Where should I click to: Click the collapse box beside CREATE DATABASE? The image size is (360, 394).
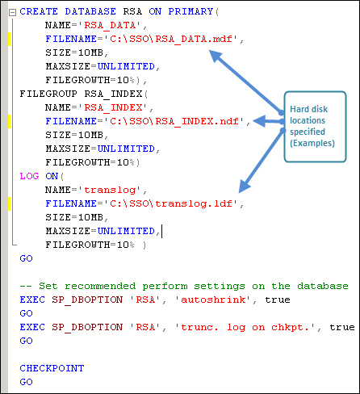(x=12, y=12)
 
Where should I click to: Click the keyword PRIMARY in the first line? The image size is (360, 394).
(x=190, y=11)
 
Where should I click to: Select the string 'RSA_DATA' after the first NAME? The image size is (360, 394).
(x=110, y=25)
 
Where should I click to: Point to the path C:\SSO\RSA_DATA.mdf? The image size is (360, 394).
(x=171, y=39)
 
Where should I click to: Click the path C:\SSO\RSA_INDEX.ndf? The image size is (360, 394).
(x=174, y=121)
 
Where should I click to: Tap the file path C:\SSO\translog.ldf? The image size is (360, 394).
(x=171, y=203)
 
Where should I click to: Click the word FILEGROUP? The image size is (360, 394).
(x=48, y=94)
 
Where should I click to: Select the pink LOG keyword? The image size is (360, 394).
(x=29, y=176)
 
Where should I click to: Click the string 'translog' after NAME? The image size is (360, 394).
(x=110, y=190)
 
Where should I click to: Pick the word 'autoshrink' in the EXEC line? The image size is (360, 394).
(x=213, y=300)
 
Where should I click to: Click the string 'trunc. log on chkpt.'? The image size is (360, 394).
(x=245, y=327)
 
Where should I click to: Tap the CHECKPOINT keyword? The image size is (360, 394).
(x=52, y=368)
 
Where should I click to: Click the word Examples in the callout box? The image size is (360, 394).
(x=312, y=143)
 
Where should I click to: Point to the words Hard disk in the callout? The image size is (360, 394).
(x=308, y=109)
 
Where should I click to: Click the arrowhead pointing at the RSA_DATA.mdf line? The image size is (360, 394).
(x=216, y=56)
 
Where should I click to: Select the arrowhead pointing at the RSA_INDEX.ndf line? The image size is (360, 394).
(x=259, y=121)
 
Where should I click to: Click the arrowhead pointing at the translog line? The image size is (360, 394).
(x=244, y=187)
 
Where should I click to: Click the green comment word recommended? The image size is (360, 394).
(x=100, y=286)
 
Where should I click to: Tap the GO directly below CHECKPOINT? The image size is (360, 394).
(x=26, y=382)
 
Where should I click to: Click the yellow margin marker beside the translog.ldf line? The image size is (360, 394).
(x=9, y=203)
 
